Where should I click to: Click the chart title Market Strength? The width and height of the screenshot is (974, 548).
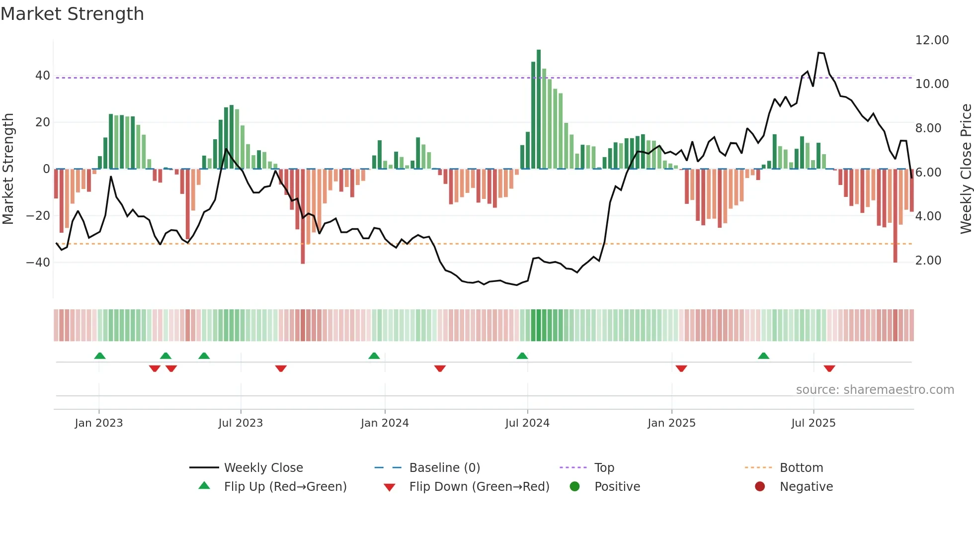(x=72, y=14)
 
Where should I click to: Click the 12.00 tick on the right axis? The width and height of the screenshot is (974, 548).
(x=932, y=40)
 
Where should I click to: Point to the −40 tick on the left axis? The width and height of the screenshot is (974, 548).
(x=38, y=263)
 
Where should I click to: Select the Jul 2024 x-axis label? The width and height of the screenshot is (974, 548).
(x=527, y=423)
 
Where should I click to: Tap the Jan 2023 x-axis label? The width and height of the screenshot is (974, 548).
(x=98, y=423)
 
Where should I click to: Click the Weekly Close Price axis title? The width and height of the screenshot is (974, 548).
(x=966, y=169)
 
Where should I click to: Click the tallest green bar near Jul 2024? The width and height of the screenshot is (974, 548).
(x=539, y=109)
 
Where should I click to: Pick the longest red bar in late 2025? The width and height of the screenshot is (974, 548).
(x=895, y=216)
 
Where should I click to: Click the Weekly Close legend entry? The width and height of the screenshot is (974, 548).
(x=263, y=468)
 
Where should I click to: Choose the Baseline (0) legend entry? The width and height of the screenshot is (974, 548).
(x=444, y=468)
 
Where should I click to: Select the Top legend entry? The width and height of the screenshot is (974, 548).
(x=604, y=468)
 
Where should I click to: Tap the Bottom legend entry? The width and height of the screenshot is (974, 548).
(x=801, y=468)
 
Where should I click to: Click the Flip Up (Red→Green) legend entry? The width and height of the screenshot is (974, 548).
(x=285, y=487)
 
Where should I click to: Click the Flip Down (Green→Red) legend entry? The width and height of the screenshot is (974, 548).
(x=479, y=487)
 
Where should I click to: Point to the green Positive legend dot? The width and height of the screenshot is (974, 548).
(x=575, y=487)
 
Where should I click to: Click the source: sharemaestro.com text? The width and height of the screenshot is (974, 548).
(x=875, y=390)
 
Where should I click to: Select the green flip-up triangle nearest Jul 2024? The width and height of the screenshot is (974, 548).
(x=522, y=356)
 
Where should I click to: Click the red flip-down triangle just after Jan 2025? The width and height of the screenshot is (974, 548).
(x=681, y=368)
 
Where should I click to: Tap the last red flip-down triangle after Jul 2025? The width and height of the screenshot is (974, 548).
(x=829, y=368)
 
